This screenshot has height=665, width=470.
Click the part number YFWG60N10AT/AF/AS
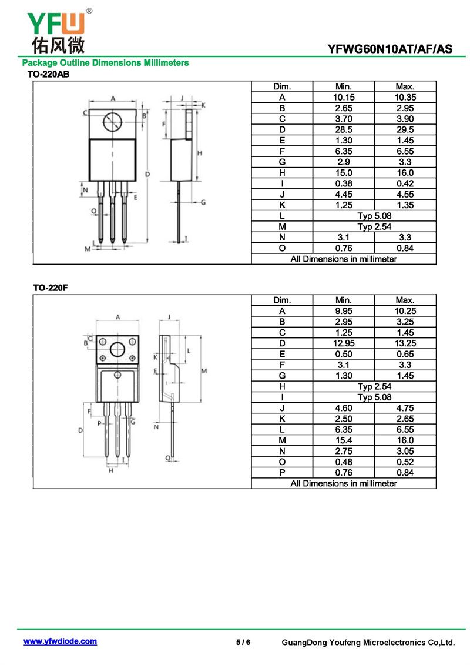coord(390,49)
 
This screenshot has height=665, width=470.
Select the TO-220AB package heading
coord(48,74)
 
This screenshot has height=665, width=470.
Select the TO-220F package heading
coord(51,288)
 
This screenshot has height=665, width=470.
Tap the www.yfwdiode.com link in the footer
coord(60,641)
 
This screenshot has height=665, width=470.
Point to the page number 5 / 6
coord(243,642)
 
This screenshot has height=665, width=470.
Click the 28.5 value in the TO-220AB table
coord(344,130)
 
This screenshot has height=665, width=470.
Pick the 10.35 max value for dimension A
coord(405,97)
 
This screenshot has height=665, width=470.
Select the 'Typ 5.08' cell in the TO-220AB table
coord(374,216)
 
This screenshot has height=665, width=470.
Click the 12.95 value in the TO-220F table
coord(344,343)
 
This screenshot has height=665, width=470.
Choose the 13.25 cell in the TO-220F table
coord(405,343)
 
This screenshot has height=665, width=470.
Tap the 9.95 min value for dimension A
coord(344,311)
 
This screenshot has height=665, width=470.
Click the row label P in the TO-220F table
coord(282,473)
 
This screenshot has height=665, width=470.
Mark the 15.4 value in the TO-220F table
coord(344,440)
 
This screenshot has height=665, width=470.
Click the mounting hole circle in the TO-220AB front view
coord(113,122)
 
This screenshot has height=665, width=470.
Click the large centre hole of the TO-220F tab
coord(117,350)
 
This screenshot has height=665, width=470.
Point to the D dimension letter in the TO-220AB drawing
coord(147,174)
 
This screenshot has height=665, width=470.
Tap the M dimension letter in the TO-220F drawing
coord(204,371)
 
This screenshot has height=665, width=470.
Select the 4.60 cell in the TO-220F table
coord(344,408)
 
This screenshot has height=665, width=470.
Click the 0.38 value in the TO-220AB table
coord(344,183)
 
